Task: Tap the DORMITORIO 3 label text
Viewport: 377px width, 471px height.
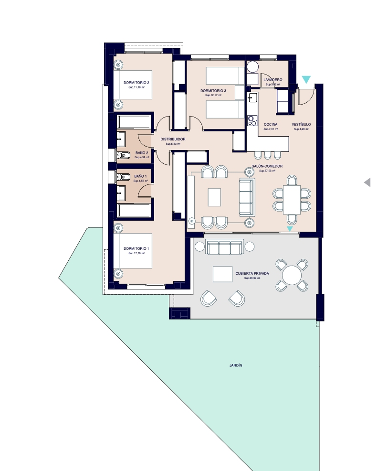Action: point(213,90)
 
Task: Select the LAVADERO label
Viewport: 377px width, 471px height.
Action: point(272,79)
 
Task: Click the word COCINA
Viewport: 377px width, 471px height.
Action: point(270,124)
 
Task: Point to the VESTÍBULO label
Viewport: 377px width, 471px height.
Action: point(301,124)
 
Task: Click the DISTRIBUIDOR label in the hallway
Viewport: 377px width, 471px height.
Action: point(173,139)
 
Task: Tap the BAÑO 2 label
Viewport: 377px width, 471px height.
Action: point(141,153)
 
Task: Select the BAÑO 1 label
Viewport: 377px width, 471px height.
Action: point(140,176)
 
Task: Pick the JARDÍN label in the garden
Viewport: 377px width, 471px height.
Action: point(236,365)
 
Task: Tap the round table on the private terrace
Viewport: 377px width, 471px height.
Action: point(292,275)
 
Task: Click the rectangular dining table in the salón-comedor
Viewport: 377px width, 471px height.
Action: point(292,200)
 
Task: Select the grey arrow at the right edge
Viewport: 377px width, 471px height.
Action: point(367,182)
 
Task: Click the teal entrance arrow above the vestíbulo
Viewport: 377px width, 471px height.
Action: point(306,80)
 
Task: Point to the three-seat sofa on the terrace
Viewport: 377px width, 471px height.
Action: point(224,247)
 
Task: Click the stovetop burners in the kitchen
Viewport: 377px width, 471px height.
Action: point(252,121)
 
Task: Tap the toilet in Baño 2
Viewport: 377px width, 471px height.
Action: point(125,155)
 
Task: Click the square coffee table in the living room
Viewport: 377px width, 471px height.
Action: point(214,197)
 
